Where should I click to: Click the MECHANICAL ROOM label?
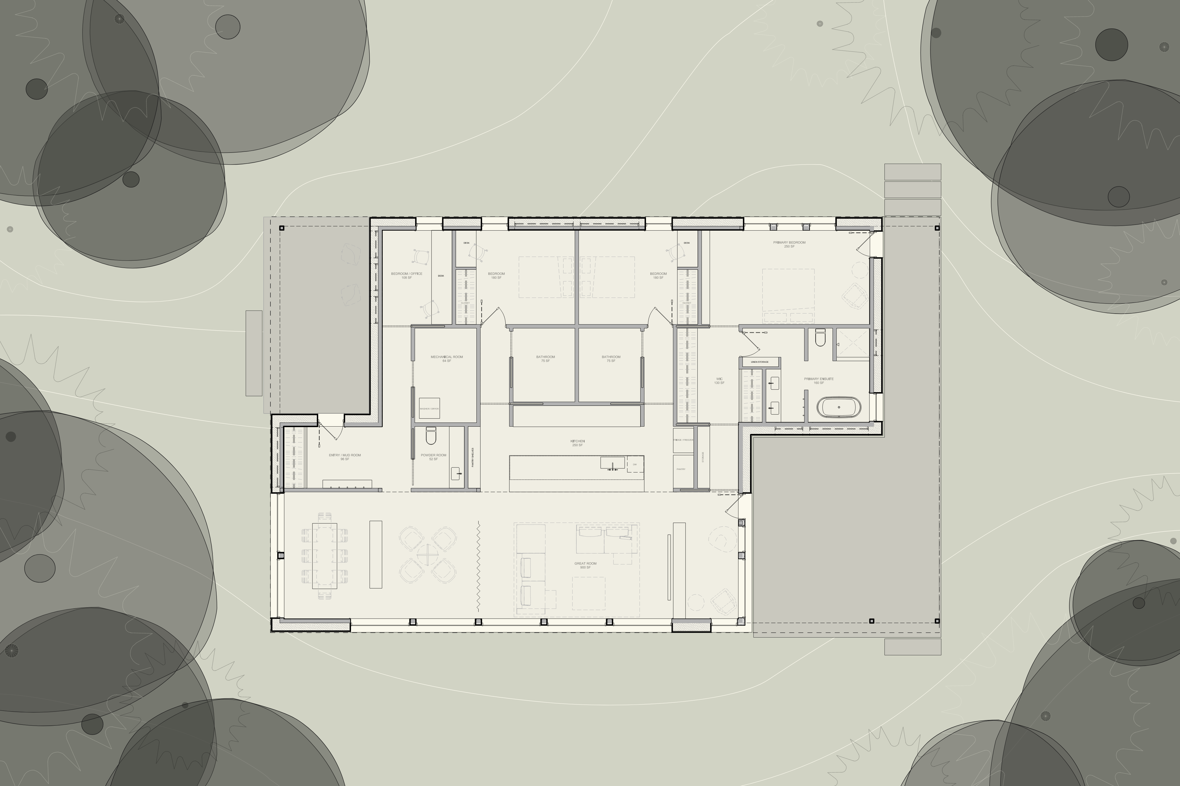pyautogui.click(x=447, y=358)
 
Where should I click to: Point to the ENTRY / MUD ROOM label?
pyautogui.click(x=345, y=457)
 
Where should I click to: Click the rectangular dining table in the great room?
pyautogui.click(x=324, y=555)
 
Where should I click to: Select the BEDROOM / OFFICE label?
pyautogui.click(x=406, y=275)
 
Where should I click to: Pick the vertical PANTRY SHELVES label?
pyautogui.click(x=473, y=457)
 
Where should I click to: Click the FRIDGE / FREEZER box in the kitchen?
pyautogui.click(x=683, y=440)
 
